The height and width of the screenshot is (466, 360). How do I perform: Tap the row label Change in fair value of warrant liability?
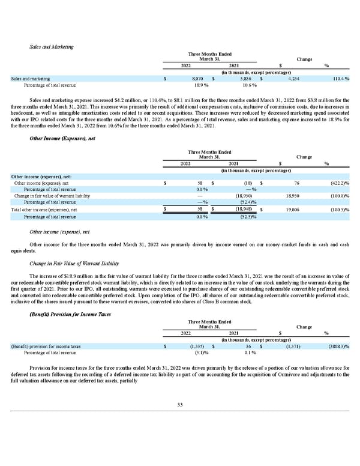[52, 196]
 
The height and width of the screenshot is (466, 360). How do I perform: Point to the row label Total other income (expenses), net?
[44, 210]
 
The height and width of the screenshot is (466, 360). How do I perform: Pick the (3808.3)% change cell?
[338, 346]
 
